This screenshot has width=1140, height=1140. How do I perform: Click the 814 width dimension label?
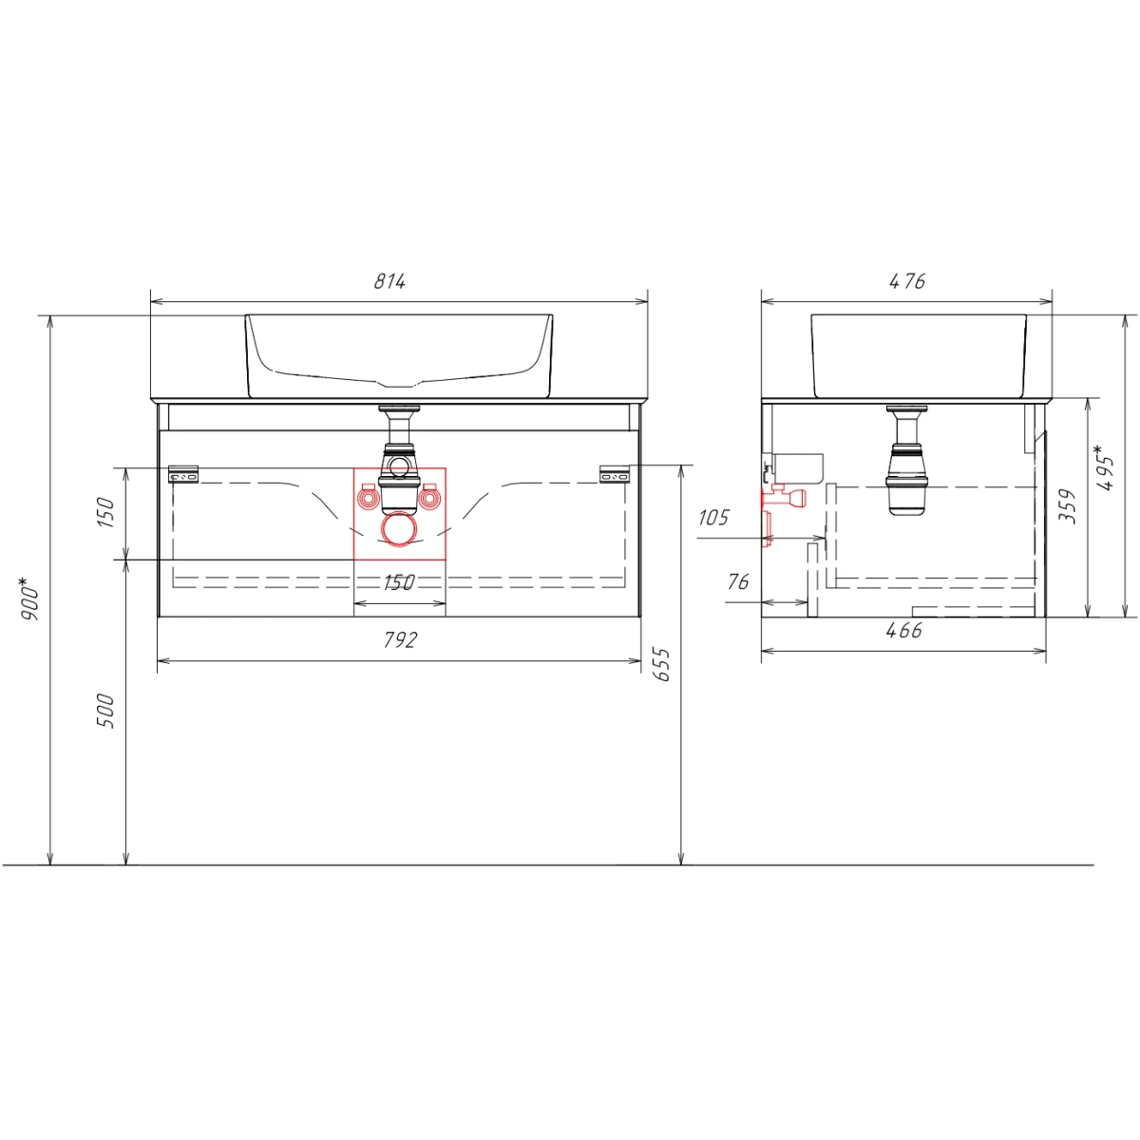pos(389,281)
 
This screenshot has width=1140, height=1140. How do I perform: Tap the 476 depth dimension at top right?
pos(907,281)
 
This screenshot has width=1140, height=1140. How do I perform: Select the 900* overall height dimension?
pos(29,599)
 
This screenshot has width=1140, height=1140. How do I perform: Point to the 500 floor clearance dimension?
pos(104,711)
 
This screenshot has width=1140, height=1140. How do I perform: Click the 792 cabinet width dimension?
pos(401,639)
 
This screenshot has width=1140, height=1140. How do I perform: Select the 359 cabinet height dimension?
pos(1067,505)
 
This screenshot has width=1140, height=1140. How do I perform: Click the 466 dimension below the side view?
pos(904,630)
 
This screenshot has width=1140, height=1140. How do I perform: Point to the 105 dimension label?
pos(714,518)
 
